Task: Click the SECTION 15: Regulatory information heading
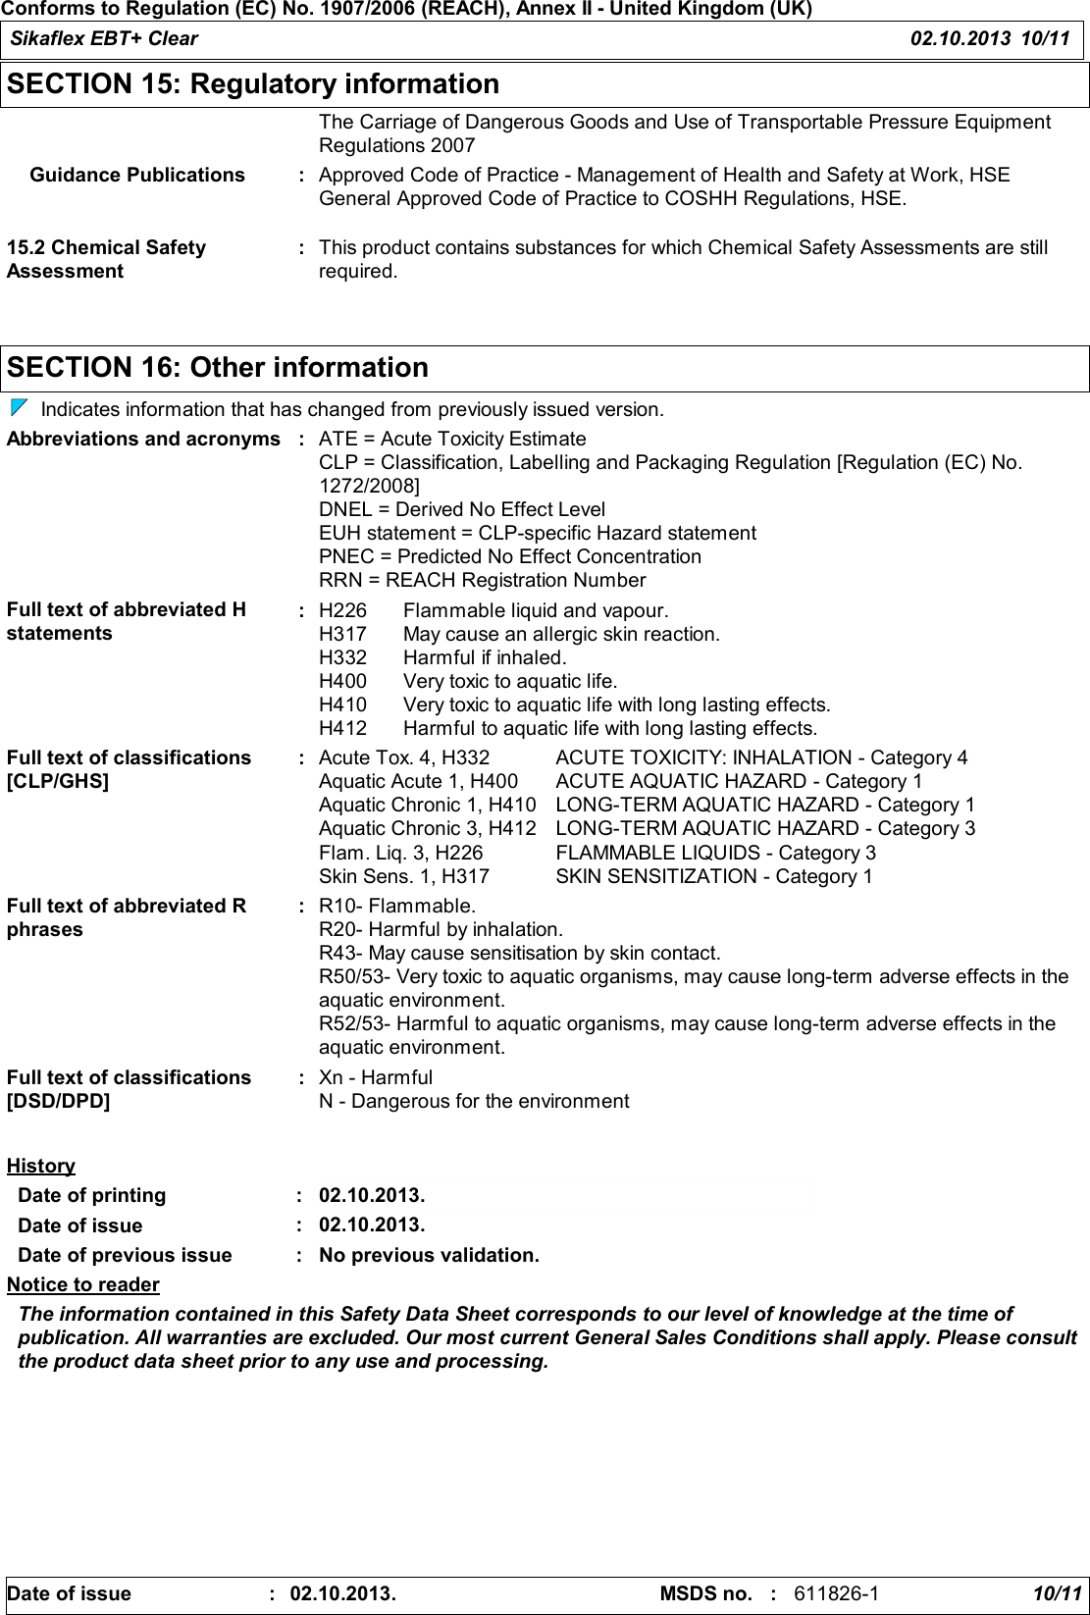253,84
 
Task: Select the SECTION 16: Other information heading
218,368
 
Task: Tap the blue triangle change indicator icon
19,407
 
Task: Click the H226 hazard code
342,610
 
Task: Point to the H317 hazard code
342,634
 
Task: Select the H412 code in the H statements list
342,728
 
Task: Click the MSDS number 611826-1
836,1592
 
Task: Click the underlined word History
41,1166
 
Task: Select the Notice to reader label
83,1284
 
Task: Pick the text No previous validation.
429,1255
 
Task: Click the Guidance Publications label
137,175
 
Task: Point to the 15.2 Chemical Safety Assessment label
106,259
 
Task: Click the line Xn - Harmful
376,1077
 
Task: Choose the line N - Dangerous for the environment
474,1101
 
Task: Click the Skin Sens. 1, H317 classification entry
404,876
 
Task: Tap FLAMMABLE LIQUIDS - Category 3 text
715,853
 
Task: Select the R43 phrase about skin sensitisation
520,953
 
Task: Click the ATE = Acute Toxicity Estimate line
452,439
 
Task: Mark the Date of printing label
92,1195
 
